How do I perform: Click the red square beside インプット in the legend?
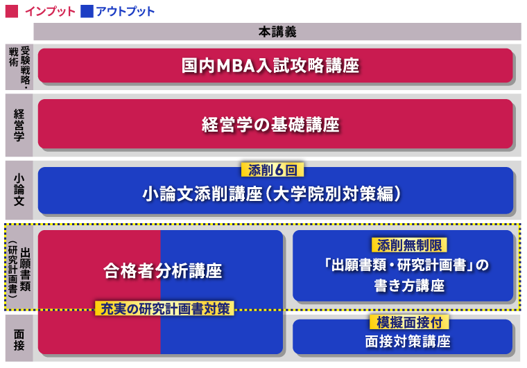pyautogui.click(x=12, y=11)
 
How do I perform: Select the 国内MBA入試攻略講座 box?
pyautogui.click(x=275, y=66)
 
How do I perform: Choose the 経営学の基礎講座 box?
pyautogui.click(x=275, y=124)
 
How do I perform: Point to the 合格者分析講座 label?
pyautogui.click(x=163, y=270)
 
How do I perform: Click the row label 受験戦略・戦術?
pyautogui.click(x=19, y=66)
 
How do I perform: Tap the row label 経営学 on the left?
pyautogui.click(x=19, y=124)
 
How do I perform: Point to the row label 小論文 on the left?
pyautogui.click(x=19, y=191)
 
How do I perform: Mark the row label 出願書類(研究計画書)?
pyautogui.click(x=19, y=267)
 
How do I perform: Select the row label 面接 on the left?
pyautogui.click(x=19, y=338)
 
